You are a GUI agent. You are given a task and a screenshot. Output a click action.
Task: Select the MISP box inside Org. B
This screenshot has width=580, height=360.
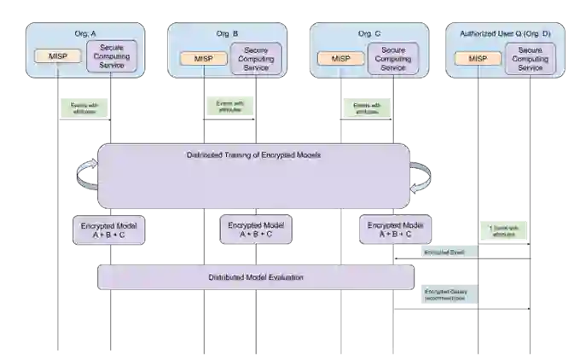click(203, 58)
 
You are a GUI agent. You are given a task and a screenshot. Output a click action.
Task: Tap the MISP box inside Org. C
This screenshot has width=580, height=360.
click(340, 58)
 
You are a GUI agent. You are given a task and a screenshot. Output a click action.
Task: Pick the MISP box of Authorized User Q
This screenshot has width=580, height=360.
click(478, 58)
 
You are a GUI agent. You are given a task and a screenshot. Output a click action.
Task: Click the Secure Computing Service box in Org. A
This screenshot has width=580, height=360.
click(112, 56)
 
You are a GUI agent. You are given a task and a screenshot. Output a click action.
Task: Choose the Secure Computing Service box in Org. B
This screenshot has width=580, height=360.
click(256, 58)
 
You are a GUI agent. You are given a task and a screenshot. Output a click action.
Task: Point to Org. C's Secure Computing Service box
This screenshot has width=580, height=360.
click(393, 58)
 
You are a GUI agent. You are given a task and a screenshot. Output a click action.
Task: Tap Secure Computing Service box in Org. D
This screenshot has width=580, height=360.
click(531, 58)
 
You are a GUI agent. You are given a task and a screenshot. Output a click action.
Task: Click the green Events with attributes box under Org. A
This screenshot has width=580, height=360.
click(84, 107)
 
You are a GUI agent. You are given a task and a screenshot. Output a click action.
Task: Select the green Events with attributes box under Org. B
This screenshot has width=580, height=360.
click(229, 107)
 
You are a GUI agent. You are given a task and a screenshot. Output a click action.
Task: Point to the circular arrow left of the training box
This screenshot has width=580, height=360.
click(86, 175)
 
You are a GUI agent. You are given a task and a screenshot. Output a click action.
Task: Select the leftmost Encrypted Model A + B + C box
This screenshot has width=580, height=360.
click(108, 229)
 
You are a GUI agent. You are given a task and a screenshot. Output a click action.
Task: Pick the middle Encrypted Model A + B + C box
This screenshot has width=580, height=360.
click(254, 229)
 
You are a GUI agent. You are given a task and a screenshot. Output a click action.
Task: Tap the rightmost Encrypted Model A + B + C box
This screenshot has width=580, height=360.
click(395, 229)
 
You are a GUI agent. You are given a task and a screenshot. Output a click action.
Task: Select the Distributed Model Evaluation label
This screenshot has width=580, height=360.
click(256, 278)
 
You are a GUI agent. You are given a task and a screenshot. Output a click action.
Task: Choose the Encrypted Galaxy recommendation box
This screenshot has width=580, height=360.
click(446, 295)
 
